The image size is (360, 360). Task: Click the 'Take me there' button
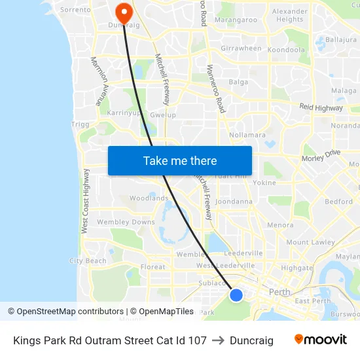point(180,160)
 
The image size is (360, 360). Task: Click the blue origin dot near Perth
point(236,295)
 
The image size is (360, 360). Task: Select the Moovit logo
point(320,339)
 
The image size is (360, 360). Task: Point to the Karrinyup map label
point(123,113)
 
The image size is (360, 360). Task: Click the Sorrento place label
point(75,10)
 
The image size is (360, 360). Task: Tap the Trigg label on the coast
point(79,124)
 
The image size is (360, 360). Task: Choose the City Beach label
point(88,261)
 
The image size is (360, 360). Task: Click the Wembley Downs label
point(126,222)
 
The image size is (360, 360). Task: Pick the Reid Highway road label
point(321,107)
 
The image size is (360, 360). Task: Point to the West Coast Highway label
point(85,206)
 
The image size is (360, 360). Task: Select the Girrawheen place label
point(241,48)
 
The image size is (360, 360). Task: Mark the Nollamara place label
point(247,135)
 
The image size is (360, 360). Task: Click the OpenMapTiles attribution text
point(162,312)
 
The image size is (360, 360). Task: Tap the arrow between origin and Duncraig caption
point(218,340)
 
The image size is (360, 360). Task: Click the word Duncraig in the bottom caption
point(251,340)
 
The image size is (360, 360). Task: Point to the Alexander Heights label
point(289,15)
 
